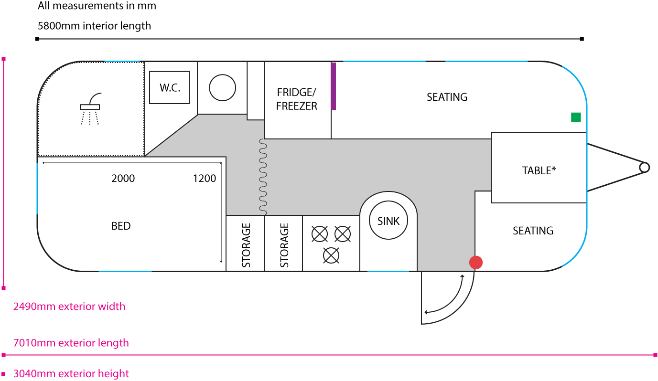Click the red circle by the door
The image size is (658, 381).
pos(476,262)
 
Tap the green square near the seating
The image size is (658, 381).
pos(576,117)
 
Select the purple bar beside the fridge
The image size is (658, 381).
pos(334,86)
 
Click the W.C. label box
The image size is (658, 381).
pos(170,87)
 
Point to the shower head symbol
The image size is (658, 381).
pos(90,106)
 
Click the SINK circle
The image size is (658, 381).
pos(388,221)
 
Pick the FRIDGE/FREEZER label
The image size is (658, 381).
pos(297,99)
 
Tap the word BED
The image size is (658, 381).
pos(121,226)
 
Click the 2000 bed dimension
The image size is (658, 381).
pos(123,179)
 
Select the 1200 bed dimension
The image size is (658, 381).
pos(205,179)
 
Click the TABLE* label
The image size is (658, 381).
pos(539,170)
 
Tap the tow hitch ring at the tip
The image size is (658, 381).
pos(644,167)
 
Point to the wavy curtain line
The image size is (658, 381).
pos(262,177)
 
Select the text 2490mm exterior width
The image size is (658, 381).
pos(69,306)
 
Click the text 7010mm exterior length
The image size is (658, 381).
pos(71,343)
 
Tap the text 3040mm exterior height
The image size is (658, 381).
pos(71,373)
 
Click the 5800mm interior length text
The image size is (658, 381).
pos(94,26)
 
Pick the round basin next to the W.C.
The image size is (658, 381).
pos(222,88)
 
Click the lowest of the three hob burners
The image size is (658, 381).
pos(331,255)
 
